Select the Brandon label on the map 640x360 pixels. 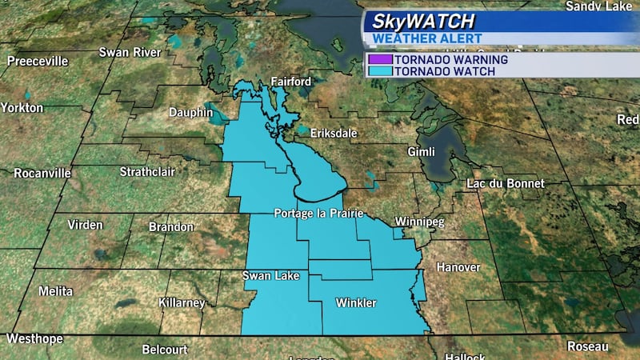click(171, 227)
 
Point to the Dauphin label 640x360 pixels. click(191, 113)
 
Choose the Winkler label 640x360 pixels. click(356, 302)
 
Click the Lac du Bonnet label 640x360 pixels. click(506, 183)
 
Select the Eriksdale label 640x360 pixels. click(334, 134)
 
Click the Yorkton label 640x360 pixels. click(22, 107)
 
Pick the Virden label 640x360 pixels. click(85, 225)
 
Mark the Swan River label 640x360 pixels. click(126, 53)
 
